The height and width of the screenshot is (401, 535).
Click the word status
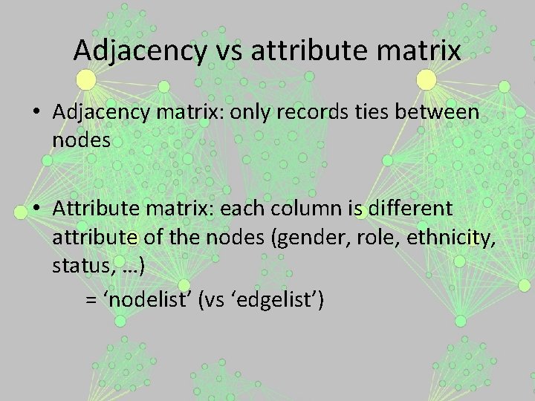pyautogui.click(x=78, y=267)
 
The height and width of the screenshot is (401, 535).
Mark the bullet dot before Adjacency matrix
pyautogui.click(x=36, y=113)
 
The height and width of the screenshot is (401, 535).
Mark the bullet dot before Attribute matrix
pyautogui.click(x=36, y=211)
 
